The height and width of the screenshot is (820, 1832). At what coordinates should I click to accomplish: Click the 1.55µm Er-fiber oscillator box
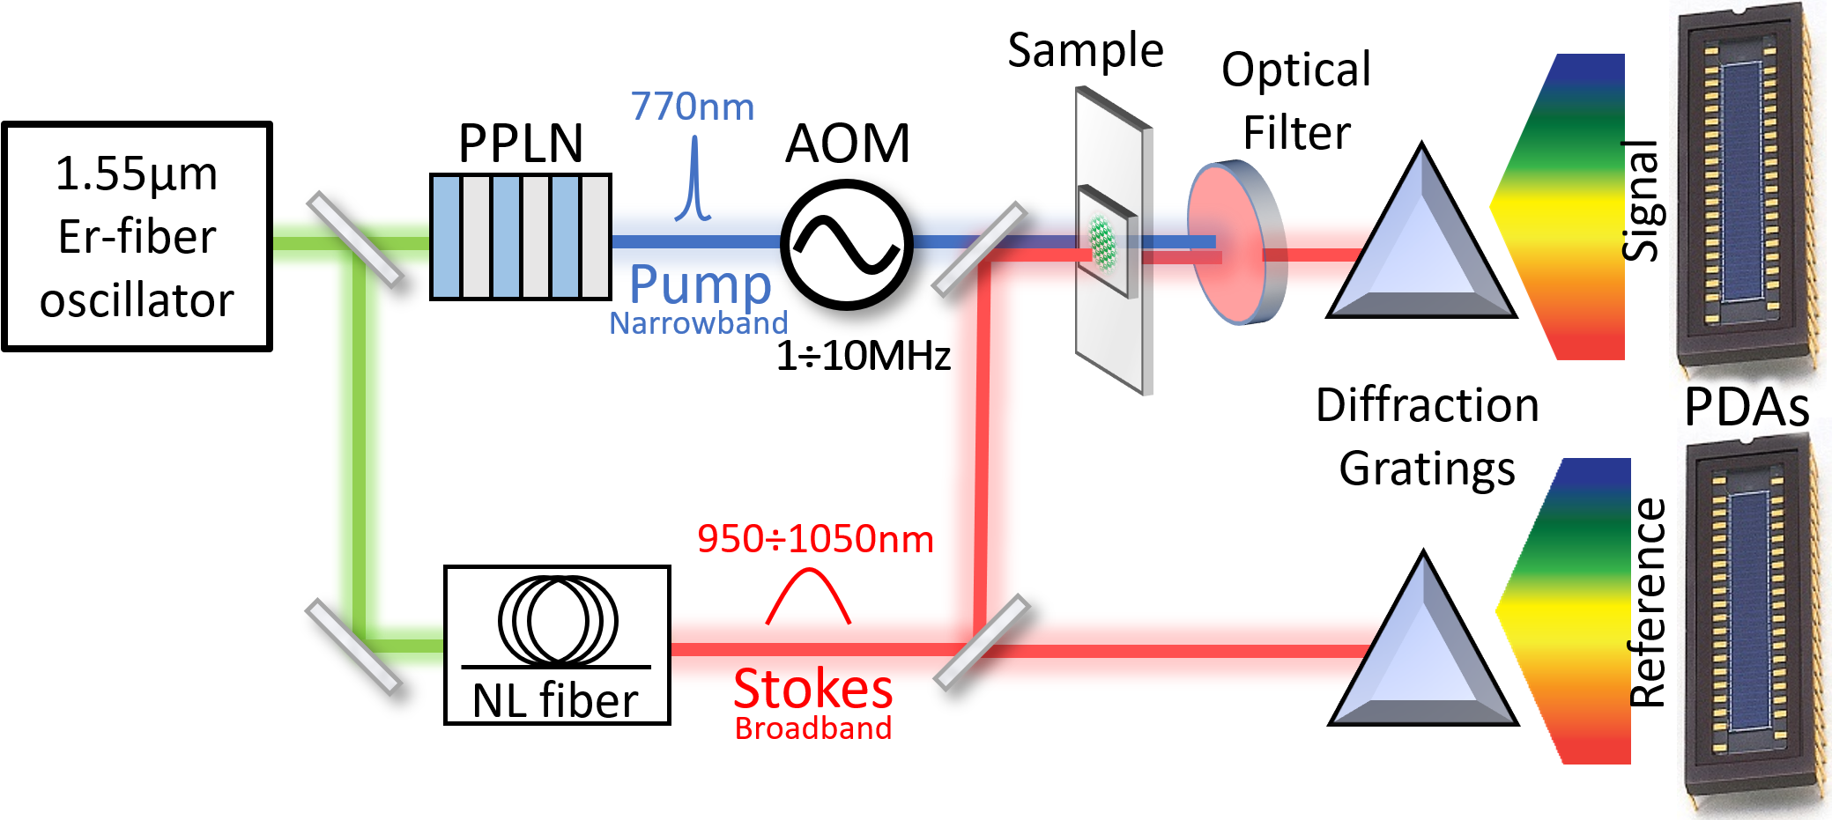pos(137,236)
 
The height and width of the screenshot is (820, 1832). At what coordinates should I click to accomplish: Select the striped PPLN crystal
pos(521,237)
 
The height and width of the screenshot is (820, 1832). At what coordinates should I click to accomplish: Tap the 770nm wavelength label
pos(693,107)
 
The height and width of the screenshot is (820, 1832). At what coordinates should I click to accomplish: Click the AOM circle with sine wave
pos(847,245)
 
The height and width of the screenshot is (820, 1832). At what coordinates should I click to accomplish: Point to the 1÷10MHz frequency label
pos(863,356)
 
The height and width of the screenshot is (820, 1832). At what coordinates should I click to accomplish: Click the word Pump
pos(701,284)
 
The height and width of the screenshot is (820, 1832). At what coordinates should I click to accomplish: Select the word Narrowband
pos(699,323)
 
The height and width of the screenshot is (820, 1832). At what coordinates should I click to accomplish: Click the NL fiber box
pos(557,645)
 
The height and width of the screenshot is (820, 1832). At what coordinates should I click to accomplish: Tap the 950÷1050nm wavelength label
pos(815,538)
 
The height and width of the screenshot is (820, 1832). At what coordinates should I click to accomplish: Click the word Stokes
pos(813,688)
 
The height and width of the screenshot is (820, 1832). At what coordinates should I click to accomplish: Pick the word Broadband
pos(813,728)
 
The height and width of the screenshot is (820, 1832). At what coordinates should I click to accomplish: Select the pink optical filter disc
pos(1237,243)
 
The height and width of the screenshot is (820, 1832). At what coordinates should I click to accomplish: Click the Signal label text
pos(1641,201)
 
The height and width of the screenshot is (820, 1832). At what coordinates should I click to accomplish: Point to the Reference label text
pos(1647,603)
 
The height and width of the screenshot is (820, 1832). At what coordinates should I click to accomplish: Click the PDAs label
pos(1747,407)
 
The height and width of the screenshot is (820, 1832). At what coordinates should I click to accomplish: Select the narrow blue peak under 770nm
pos(693,178)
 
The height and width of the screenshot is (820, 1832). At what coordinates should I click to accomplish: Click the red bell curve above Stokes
pos(808,596)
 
